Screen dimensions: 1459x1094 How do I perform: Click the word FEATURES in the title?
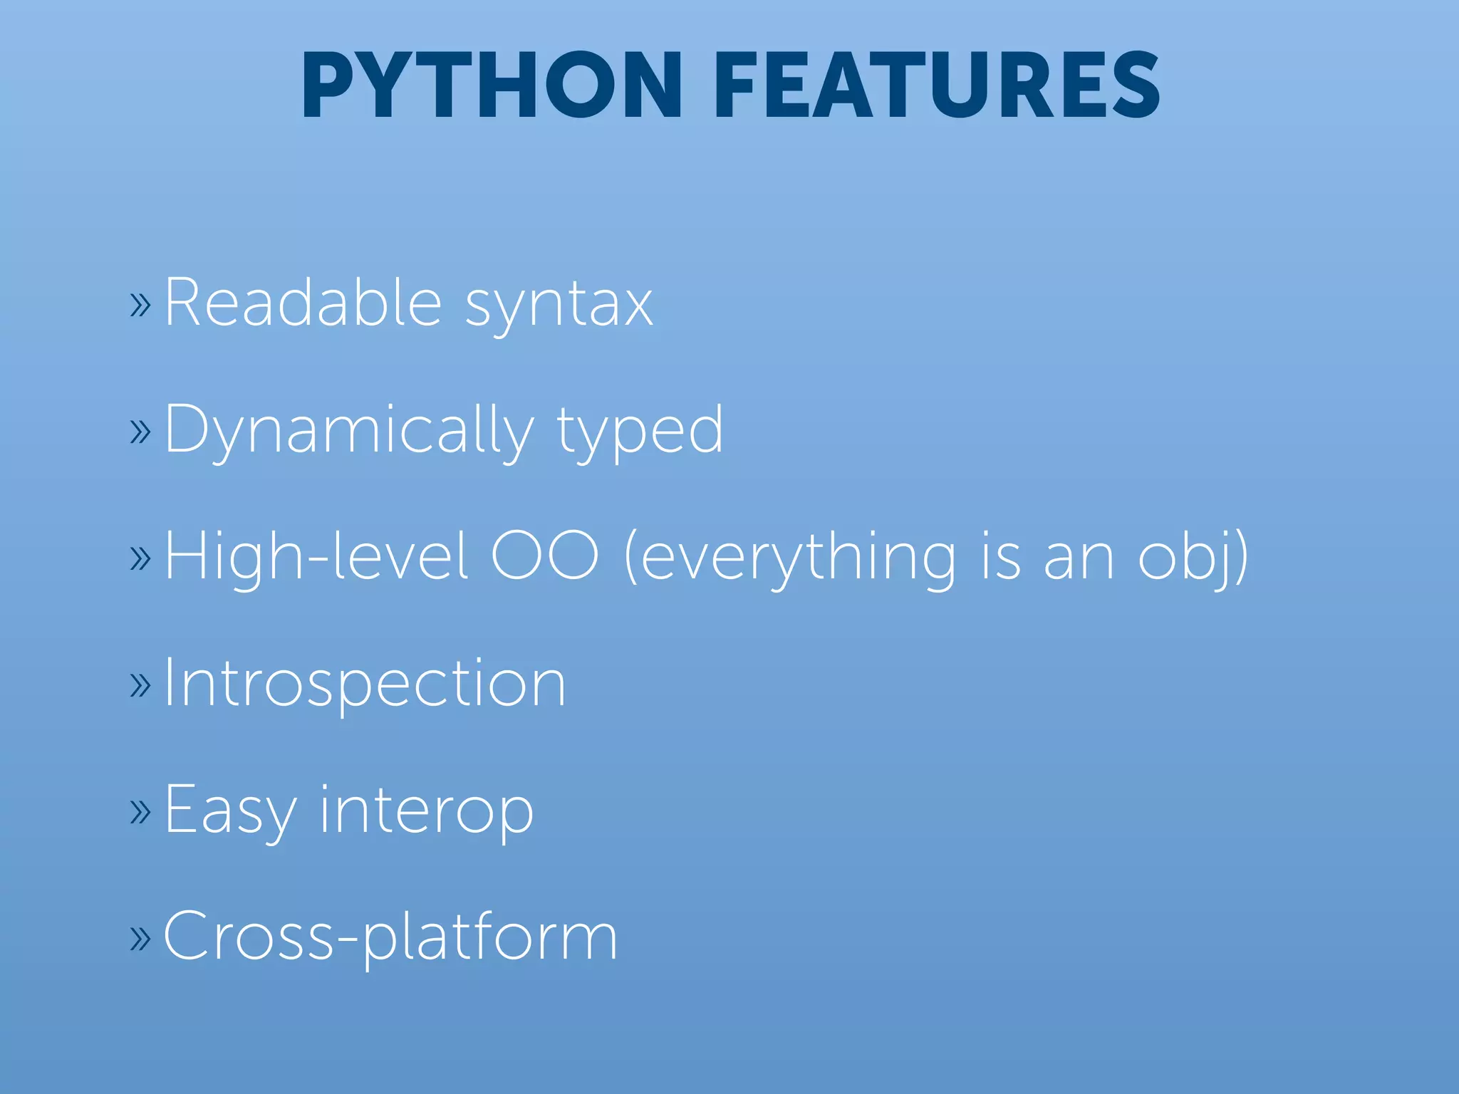tap(937, 85)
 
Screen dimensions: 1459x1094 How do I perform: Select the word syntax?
tap(559, 306)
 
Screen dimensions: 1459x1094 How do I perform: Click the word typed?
tap(640, 432)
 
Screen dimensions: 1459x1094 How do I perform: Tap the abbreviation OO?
tap(545, 556)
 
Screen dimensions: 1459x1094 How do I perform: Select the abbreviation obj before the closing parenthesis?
tap(1185, 558)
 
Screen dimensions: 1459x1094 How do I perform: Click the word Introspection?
tap(365, 684)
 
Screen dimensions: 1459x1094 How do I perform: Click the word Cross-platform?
tap(390, 937)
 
